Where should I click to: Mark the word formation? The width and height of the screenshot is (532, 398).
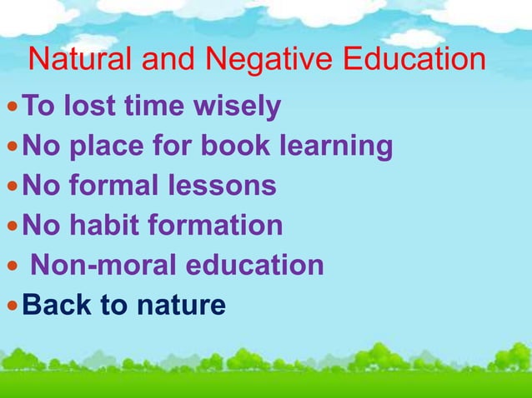point(217,225)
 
